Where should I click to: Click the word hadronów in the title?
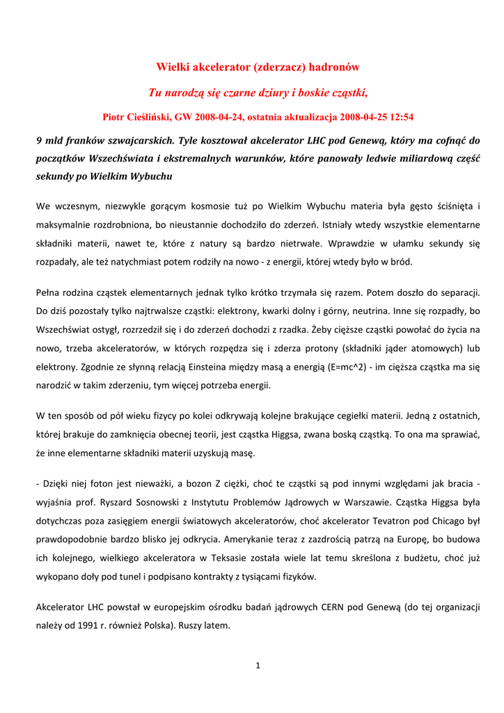coord(333,68)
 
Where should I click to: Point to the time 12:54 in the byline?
coord(400,117)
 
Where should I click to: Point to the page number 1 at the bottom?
coord(258,666)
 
